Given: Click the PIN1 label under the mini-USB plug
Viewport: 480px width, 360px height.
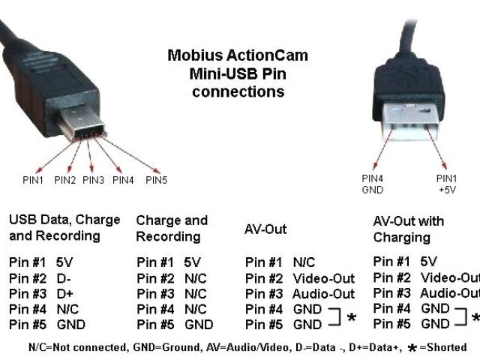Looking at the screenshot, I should tap(34, 180).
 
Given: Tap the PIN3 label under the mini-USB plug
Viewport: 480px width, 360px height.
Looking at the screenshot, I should tap(94, 180).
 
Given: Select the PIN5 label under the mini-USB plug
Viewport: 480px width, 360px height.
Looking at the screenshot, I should tap(157, 180).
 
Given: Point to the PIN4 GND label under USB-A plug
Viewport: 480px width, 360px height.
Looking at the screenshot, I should tap(373, 184).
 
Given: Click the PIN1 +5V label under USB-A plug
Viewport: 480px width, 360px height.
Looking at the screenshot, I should tap(447, 184).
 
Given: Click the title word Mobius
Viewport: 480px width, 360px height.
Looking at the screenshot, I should tap(191, 56).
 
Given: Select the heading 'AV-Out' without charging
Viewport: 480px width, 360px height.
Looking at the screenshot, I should tap(265, 229).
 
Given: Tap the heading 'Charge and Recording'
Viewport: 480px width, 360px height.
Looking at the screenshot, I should tap(171, 228).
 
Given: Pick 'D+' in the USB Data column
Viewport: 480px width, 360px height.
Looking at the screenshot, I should tap(64, 293).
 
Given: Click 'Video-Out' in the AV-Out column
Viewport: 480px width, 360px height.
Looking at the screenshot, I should tap(323, 279).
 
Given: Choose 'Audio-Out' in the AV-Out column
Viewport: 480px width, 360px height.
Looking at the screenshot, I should tap(323, 294).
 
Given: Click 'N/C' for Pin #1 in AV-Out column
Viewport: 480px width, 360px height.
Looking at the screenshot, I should tap(304, 263).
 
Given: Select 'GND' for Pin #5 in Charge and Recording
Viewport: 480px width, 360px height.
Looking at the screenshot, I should tap(199, 325).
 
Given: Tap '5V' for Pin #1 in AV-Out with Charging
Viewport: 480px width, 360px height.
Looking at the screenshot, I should tap(428, 262).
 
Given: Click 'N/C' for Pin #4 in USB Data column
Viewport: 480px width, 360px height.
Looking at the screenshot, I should tap(67, 309).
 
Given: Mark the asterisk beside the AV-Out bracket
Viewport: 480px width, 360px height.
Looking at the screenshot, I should tap(352, 319).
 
